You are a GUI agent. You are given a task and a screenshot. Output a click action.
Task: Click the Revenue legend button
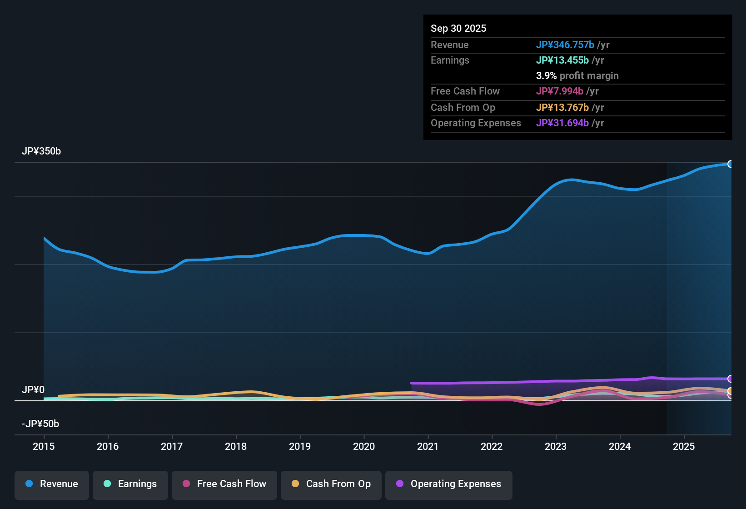(52, 484)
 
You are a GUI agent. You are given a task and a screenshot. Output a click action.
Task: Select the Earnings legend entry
(130, 484)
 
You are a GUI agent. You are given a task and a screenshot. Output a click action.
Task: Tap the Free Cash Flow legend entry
(224, 484)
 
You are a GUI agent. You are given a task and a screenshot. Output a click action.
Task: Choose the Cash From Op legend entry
(331, 484)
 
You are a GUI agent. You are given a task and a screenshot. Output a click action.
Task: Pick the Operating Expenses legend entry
(449, 484)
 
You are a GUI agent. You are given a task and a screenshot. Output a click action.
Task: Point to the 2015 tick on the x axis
(44, 446)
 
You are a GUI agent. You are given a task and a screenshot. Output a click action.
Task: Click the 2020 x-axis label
(364, 446)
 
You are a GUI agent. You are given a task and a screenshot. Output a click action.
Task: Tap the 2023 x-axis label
(556, 446)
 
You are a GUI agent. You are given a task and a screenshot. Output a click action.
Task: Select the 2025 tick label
(684, 446)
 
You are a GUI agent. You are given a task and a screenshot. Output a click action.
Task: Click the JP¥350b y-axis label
(41, 151)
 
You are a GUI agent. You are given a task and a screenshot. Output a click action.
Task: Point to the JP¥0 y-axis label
(33, 390)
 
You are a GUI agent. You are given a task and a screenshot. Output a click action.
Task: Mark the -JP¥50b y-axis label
(40, 424)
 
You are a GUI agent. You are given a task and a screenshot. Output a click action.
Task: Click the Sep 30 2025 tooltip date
(458, 29)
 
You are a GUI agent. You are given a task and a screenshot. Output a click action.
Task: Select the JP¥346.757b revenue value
(565, 45)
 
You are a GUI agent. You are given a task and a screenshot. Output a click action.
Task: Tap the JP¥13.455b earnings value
(562, 60)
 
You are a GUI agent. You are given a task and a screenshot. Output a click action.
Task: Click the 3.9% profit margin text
(577, 76)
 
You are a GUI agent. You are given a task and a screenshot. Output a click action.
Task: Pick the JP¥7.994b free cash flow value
(560, 91)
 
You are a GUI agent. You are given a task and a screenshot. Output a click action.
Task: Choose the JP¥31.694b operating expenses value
(562, 123)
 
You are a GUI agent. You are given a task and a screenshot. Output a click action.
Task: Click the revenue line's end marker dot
(731, 164)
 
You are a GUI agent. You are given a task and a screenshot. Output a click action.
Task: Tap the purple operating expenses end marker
(731, 379)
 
